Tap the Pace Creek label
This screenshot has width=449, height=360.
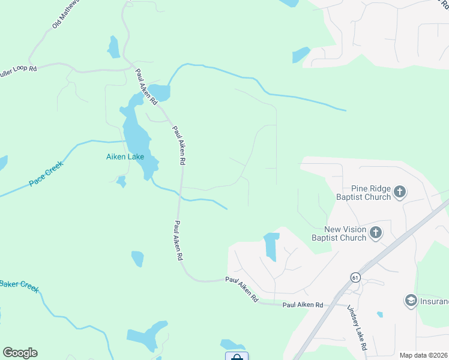pos(46,175)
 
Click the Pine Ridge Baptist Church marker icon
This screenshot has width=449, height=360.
pos(400,193)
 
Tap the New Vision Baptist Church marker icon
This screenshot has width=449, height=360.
pos(376,233)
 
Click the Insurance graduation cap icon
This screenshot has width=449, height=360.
pos(411,300)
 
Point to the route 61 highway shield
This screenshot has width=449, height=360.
pos(355,277)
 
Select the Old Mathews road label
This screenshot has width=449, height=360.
pos(65,14)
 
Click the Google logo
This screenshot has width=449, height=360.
pos(20,353)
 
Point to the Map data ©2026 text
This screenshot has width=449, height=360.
pos(424,355)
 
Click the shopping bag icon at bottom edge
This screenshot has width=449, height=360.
pos(237,357)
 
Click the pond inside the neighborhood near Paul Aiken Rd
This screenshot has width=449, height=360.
pos(271,245)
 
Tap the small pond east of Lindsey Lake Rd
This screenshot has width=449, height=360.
pos(379,314)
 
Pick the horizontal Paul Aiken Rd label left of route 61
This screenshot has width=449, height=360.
pos(303,305)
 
